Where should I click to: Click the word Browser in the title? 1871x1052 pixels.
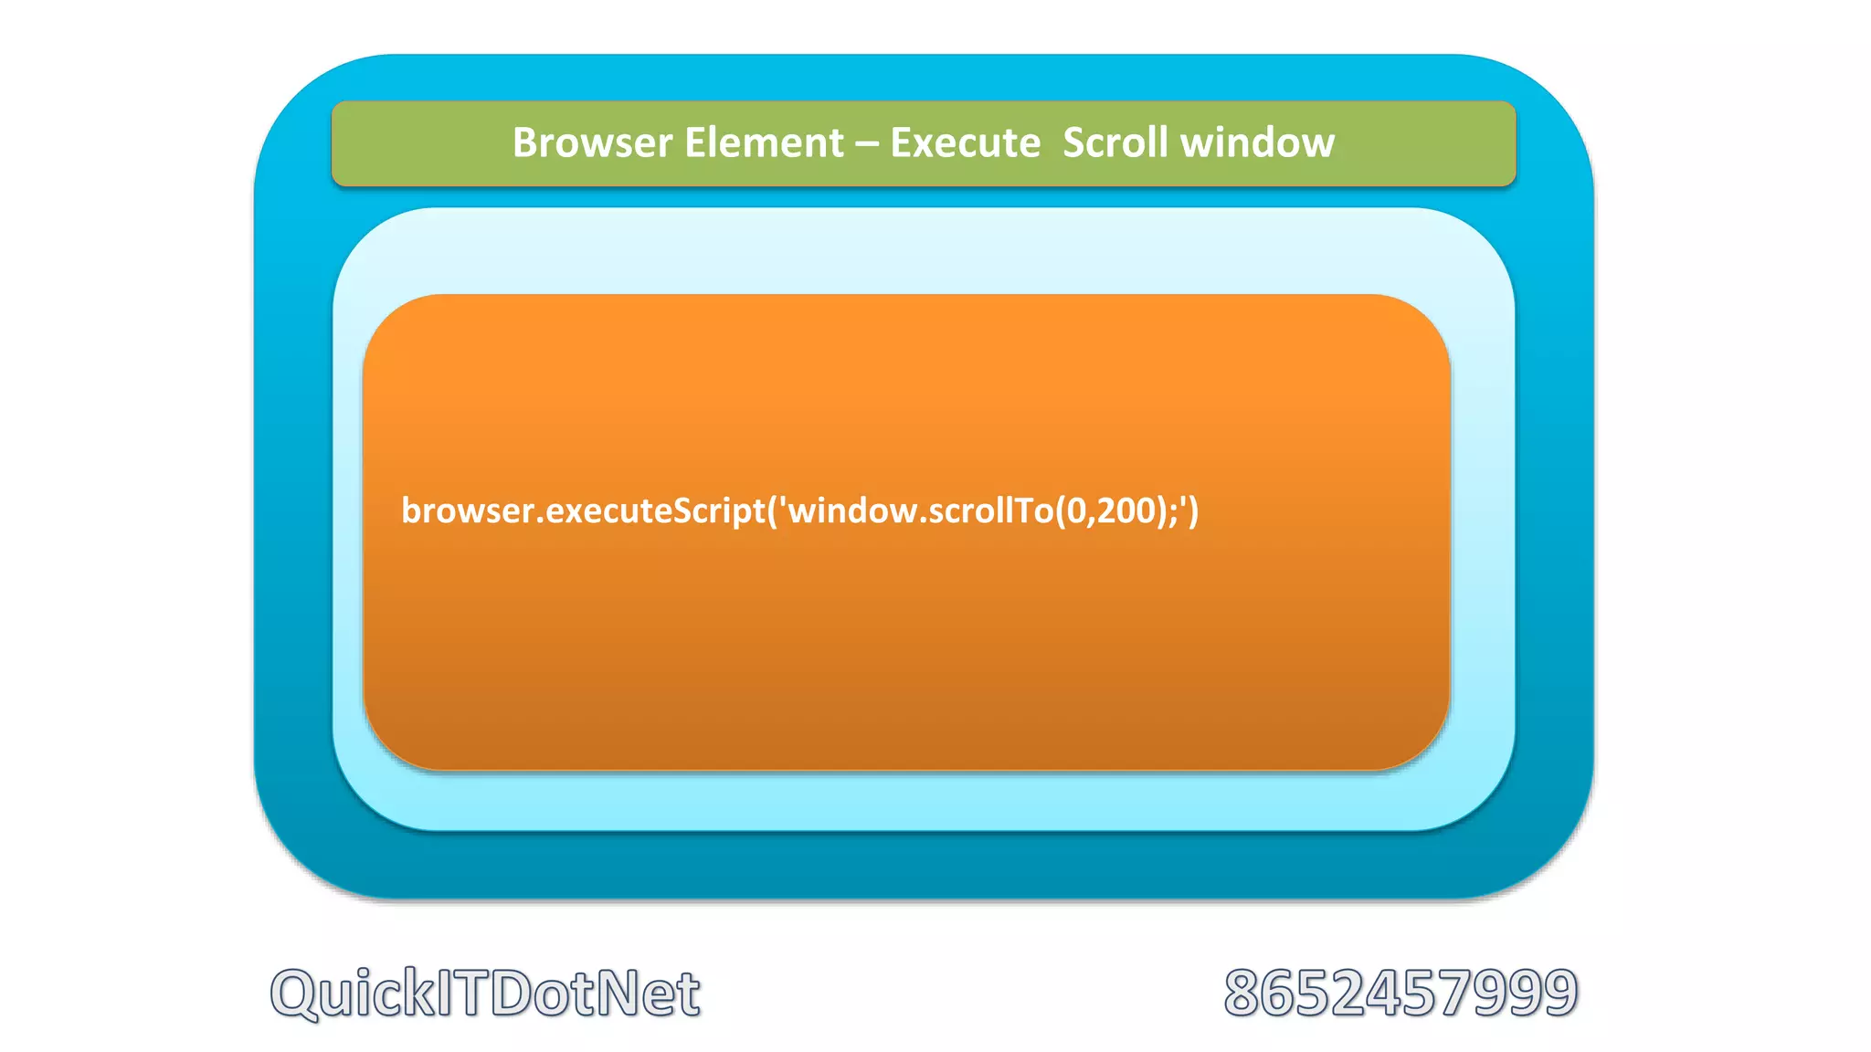pos(592,143)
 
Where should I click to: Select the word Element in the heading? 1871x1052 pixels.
pos(764,143)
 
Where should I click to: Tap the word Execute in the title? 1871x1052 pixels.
pos(965,143)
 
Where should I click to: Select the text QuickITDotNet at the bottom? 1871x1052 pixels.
pos(485,993)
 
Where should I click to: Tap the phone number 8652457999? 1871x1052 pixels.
pos(1401,993)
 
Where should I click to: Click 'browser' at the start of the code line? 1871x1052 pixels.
pos(467,510)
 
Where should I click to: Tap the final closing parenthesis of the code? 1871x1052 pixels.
pos(1193,510)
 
